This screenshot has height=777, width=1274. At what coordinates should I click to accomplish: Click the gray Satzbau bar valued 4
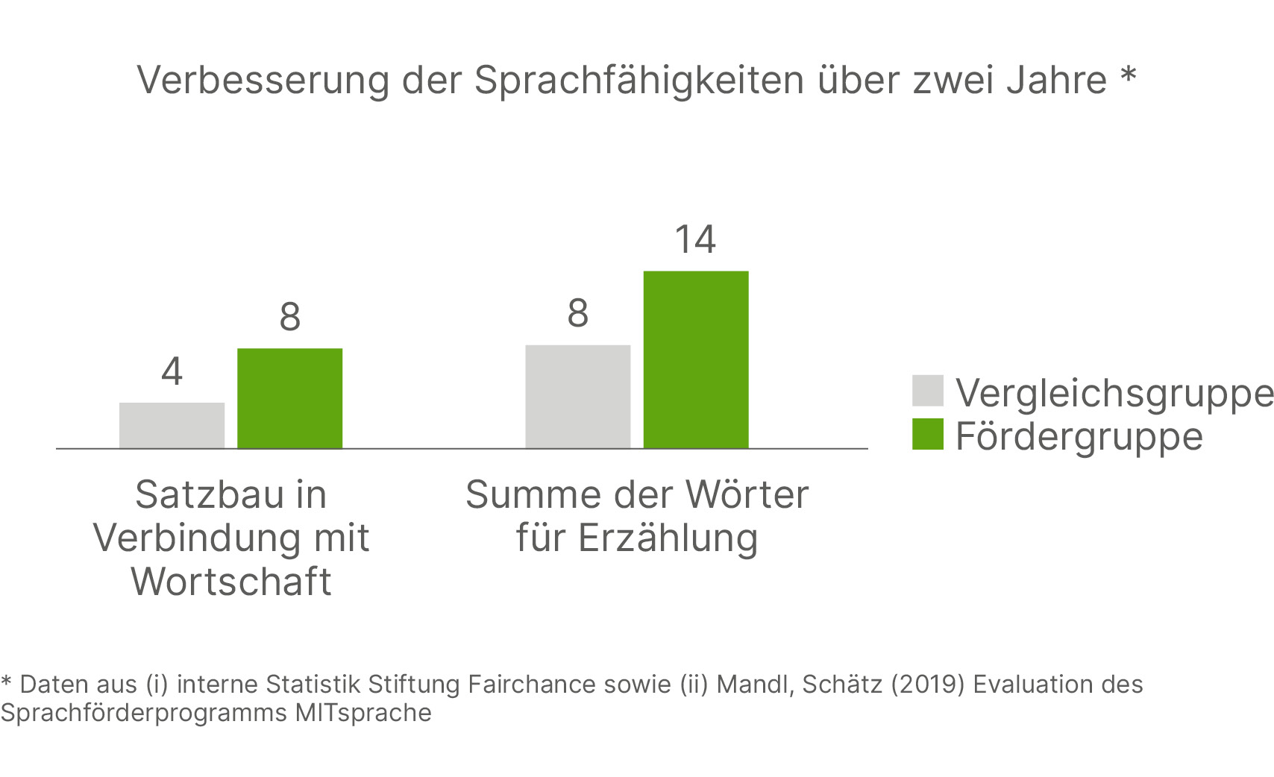[x=172, y=425]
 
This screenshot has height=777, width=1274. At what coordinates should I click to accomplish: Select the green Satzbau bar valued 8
[x=289, y=398]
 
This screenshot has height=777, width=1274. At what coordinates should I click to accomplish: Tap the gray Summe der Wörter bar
[x=577, y=396]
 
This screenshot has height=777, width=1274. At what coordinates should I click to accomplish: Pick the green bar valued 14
[x=695, y=359]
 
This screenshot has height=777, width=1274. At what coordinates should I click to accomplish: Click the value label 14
[x=695, y=240]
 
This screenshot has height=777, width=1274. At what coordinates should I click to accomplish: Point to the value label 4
[x=172, y=371]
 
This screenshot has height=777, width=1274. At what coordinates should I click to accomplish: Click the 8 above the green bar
[x=289, y=317]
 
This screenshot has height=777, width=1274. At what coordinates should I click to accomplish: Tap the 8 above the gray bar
[x=577, y=313]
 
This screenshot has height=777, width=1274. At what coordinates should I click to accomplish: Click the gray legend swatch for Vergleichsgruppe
[x=927, y=391]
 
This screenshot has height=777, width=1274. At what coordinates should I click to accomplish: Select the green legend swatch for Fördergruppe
[x=927, y=434]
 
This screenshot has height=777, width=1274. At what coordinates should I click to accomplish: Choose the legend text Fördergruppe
[x=1079, y=436]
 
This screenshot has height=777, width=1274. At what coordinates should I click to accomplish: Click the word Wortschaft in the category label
[x=231, y=582]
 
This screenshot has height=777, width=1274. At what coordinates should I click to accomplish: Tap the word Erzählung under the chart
[x=668, y=538]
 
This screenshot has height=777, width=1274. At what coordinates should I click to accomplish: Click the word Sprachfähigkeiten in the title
[x=639, y=80]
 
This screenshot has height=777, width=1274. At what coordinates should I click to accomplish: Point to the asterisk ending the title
[x=1128, y=76]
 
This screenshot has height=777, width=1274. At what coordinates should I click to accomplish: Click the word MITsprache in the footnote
[x=363, y=713]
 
